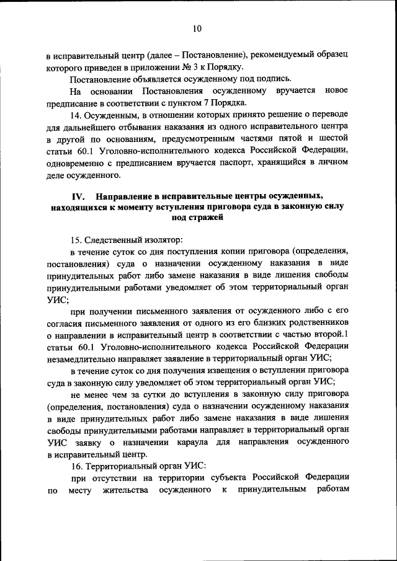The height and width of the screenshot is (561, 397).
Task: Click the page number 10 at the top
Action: [198, 29]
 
